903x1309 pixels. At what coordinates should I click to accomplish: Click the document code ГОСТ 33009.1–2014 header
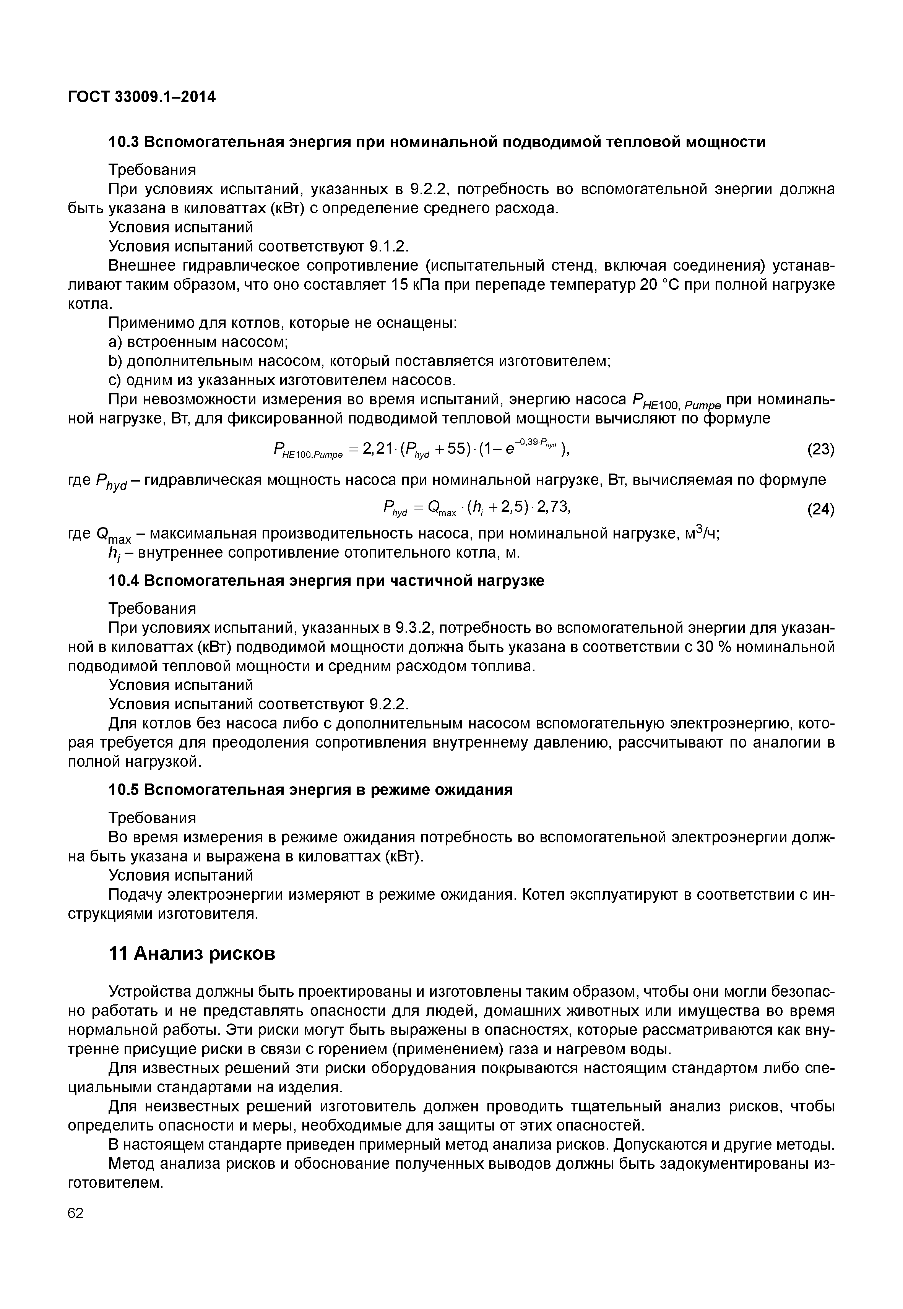(x=141, y=97)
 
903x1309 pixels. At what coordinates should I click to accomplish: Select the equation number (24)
(x=820, y=510)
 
